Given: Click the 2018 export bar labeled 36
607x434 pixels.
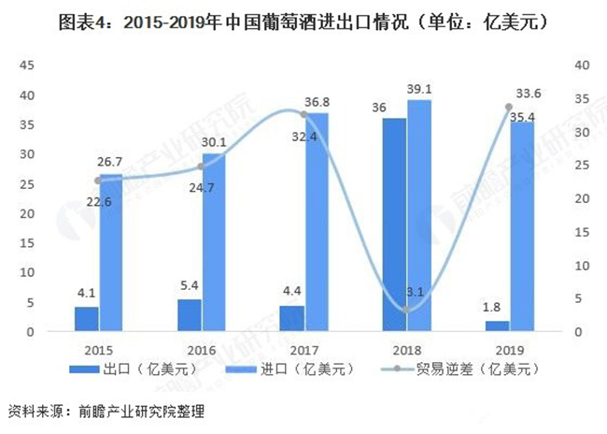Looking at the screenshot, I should (x=393, y=224).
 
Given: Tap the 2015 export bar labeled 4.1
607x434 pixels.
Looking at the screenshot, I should (x=87, y=318).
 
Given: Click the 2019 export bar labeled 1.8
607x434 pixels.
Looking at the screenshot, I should (x=496, y=325).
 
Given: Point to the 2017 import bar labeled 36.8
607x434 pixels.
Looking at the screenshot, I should (x=317, y=222).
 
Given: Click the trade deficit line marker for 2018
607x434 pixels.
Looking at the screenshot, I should (x=406, y=310).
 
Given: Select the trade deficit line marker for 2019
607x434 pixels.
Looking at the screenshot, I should (x=508, y=108).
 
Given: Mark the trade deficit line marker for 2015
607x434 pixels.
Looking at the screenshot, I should (x=99, y=181).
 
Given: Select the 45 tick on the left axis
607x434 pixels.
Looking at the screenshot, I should (x=28, y=65).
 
